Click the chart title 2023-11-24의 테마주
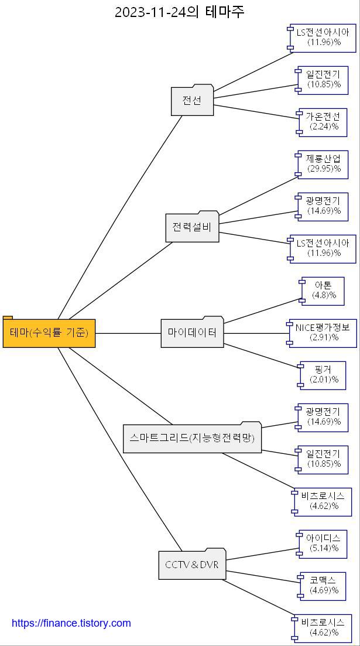(179, 12)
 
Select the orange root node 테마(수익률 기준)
(49, 333)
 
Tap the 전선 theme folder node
(192, 101)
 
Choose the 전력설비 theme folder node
(192, 227)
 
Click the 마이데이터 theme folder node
(192, 333)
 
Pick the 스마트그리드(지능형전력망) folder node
(192, 437)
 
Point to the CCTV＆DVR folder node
(192, 565)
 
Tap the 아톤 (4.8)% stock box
(323, 290)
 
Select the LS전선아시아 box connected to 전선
(323, 37)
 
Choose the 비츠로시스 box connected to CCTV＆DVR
(323, 628)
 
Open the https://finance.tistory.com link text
(71, 623)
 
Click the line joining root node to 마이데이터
(128, 333)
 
